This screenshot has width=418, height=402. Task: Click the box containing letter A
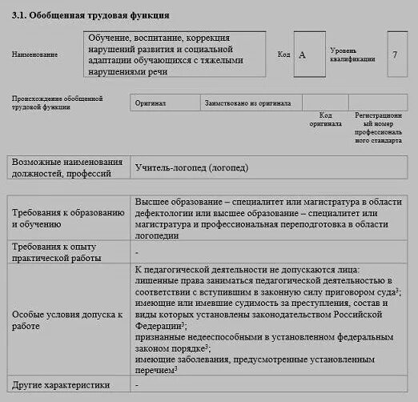(x=303, y=54)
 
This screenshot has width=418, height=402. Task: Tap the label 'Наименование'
(x=34, y=54)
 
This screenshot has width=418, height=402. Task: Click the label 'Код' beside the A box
(x=283, y=54)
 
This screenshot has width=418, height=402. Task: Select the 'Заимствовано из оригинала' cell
(x=248, y=103)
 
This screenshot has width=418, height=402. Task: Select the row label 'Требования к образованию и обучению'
(x=67, y=219)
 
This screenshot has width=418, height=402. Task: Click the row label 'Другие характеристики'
(x=60, y=385)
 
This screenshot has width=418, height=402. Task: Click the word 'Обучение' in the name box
(x=111, y=38)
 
